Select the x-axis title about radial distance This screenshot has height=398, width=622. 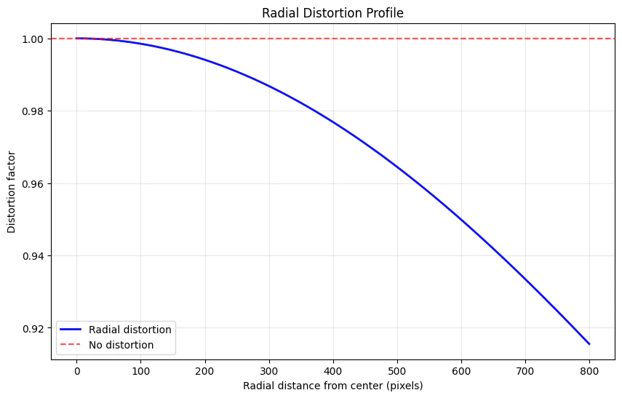[x=333, y=385]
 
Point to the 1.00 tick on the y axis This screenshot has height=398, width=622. [x=35, y=39]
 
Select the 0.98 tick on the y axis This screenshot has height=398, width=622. [x=35, y=111]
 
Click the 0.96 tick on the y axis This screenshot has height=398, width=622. [x=35, y=183]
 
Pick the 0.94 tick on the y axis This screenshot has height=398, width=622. [x=35, y=256]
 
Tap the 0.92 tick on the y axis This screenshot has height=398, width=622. [x=35, y=328]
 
